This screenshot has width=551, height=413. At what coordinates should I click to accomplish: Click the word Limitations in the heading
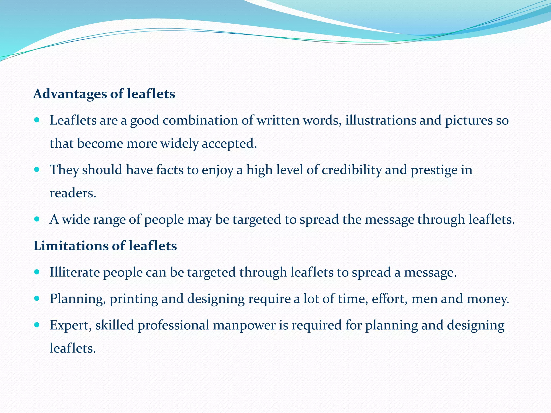point(70,246)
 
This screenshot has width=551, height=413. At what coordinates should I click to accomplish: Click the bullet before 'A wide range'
point(37,219)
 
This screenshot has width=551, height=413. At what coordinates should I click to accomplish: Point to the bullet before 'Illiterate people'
point(37,272)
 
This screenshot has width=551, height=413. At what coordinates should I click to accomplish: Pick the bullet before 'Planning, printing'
point(37,298)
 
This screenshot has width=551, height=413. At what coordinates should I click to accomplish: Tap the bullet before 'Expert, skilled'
point(37,325)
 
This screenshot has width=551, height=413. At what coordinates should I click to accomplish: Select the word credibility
point(352,170)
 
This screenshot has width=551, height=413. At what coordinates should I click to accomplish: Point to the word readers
point(73,193)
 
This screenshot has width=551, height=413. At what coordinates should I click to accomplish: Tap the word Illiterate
point(75,272)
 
